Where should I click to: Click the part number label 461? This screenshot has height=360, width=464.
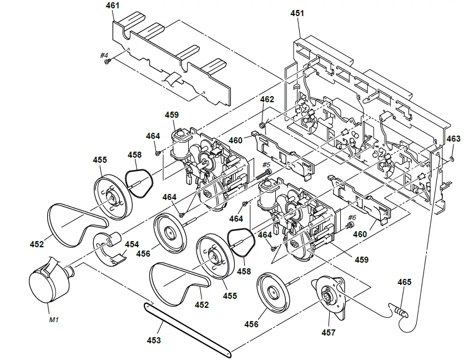[112, 6]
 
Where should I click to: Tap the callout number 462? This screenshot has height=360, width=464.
[267, 99]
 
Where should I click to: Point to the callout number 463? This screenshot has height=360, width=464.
[453, 138]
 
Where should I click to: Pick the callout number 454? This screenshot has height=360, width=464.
[132, 244]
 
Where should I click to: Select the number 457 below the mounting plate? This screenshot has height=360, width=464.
[329, 332]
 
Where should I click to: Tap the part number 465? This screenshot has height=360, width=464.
[404, 282]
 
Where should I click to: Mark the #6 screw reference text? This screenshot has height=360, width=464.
[351, 217]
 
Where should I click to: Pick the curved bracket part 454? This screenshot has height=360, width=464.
[111, 247]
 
